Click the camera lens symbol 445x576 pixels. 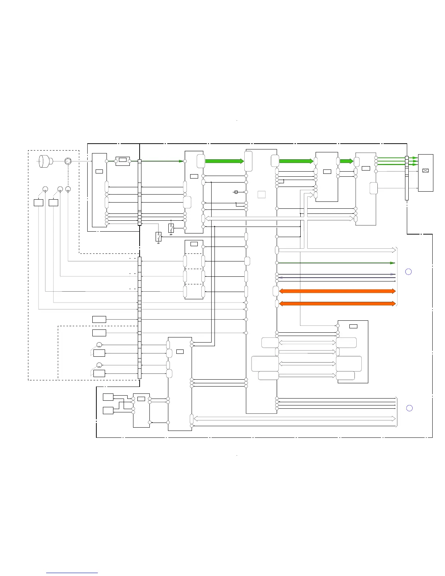point(45,161)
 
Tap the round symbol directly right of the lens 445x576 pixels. point(68,161)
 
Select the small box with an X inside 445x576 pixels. point(426,170)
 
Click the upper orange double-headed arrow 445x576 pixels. point(337,291)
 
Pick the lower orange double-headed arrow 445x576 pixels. point(337,304)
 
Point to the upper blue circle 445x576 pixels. point(408,272)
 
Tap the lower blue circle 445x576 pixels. point(409,408)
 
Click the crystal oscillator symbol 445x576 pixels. point(236,192)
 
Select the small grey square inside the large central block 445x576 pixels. point(261,195)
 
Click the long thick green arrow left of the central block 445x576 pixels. point(224,161)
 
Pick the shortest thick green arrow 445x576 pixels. point(346,161)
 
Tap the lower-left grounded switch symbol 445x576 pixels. point(159,237)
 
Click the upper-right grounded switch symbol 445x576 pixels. point(171,228)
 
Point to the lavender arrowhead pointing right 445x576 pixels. point(393,274)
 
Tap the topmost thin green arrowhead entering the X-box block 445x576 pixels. point(415,158)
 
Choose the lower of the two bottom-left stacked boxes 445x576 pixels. point(108,411)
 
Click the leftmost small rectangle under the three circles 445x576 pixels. point(39,203)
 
